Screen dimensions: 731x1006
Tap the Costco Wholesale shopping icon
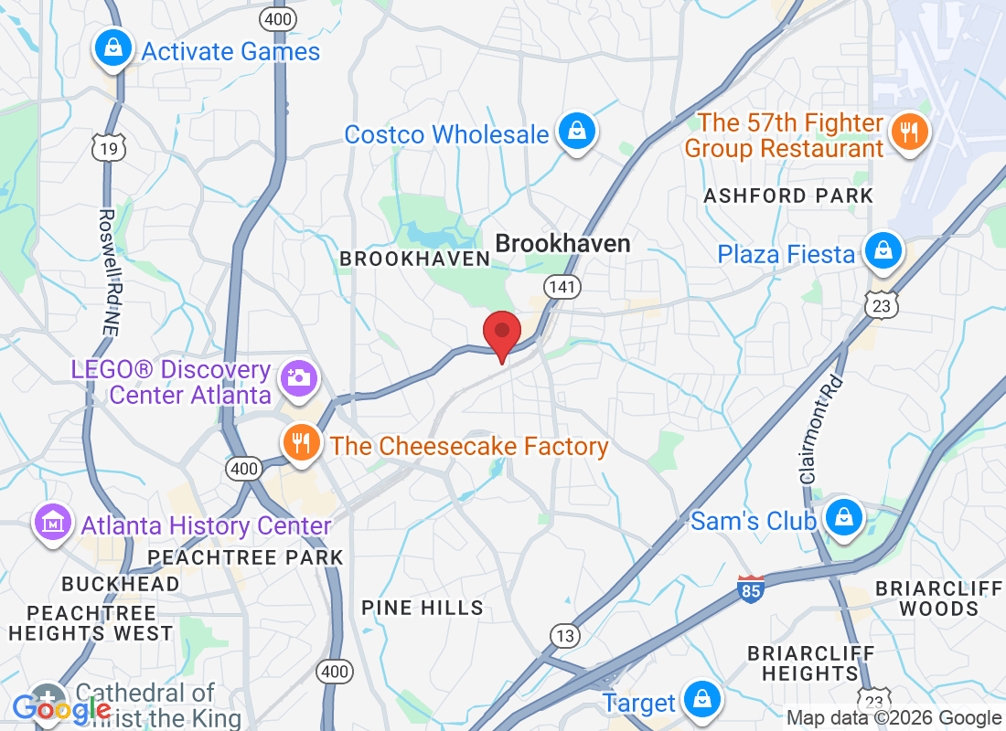[577, 132]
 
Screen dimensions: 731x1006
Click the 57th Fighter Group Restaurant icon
[908, 132]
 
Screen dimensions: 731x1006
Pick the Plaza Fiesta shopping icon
[883, 251]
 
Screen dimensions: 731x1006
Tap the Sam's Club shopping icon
[842, 517]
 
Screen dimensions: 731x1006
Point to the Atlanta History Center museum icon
[52, 523]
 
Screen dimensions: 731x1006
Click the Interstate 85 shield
[751, 588]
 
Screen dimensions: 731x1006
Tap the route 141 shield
[562, 288]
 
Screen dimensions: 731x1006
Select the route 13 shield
[564, 634]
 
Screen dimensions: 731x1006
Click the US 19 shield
[108, 149]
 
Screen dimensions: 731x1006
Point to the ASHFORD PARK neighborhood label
[788, 196]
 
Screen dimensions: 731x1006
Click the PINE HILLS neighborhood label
[422, 608]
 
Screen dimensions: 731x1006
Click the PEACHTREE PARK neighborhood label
[245, 557]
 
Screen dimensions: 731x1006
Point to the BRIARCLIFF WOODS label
[938, 598]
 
